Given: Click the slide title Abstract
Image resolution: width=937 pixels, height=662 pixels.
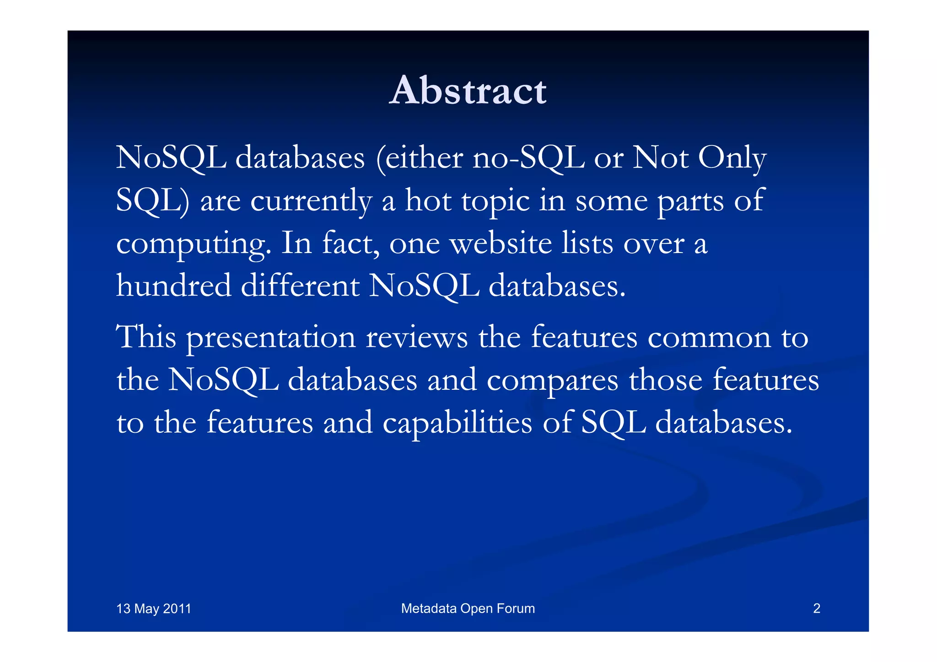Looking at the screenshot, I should [468, 91].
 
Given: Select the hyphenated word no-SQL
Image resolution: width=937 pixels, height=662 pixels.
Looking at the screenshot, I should [528, 158].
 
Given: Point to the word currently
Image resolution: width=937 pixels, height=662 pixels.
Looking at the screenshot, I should [311, 201].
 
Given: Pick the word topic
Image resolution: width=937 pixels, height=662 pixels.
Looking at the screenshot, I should [495, 201].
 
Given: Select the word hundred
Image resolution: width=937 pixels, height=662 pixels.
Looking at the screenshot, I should [174, 286].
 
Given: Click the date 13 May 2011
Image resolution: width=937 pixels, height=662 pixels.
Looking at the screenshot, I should [154, 608].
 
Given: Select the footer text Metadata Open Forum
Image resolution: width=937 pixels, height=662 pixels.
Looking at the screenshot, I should [468, 608].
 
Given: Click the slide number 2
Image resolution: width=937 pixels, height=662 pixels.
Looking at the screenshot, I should [816, 608].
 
